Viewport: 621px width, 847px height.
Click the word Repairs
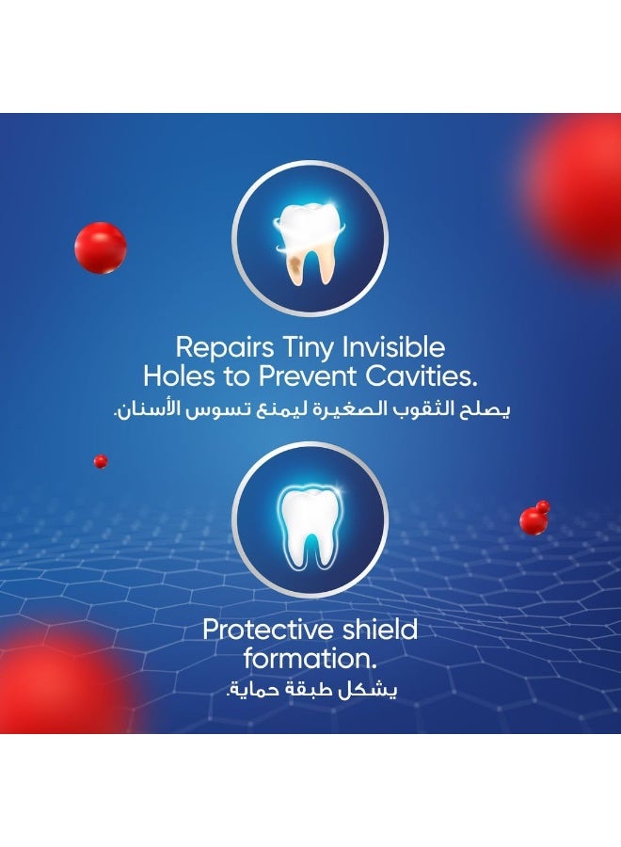[225, 348]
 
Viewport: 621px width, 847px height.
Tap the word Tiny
[304, 348]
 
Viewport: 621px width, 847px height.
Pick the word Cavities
[422, 376]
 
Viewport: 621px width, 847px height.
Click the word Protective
[264, 630]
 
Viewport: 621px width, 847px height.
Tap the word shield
[375, 630]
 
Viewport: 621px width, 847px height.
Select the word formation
[310, 659]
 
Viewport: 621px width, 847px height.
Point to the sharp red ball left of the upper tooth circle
[101, 248]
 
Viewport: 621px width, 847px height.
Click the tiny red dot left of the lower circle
[101, 461]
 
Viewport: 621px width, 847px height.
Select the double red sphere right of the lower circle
[534, 518]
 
